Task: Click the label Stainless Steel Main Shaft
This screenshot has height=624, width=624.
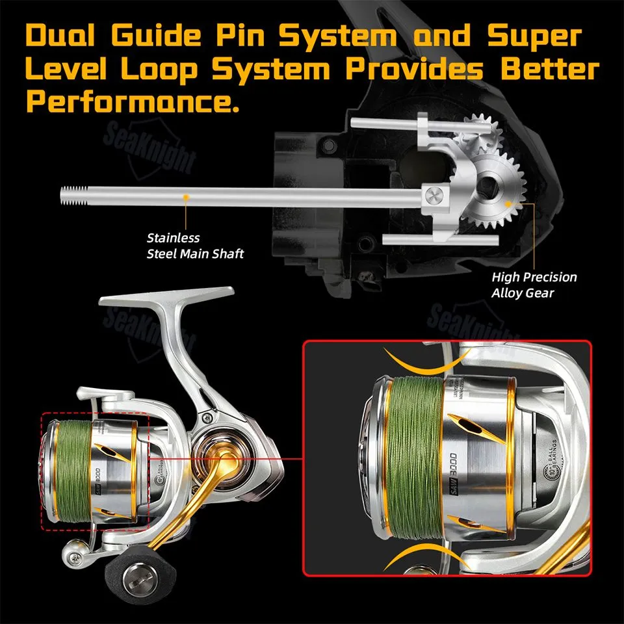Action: pos(194,246)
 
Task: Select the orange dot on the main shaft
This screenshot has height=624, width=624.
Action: pos(187,195)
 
